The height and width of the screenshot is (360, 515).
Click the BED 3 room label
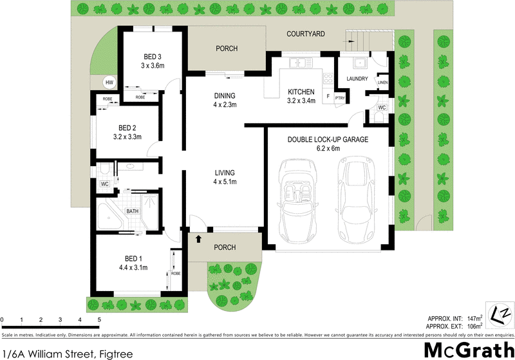(x=153, y=57)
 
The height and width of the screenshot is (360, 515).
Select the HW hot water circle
(x=110, y=82)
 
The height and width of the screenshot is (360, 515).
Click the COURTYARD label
(x=305, y=33)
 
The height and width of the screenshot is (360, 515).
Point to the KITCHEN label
(x=301, y=91)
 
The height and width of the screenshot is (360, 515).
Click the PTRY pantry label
(x=341, y=97)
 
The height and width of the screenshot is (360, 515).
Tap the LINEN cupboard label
(x=382, y=83)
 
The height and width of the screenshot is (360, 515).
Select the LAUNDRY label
(x=357, y=79)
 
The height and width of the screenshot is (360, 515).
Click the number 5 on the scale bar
(x=99, y=319)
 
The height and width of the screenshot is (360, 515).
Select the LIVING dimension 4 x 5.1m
(x=225, y=182)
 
